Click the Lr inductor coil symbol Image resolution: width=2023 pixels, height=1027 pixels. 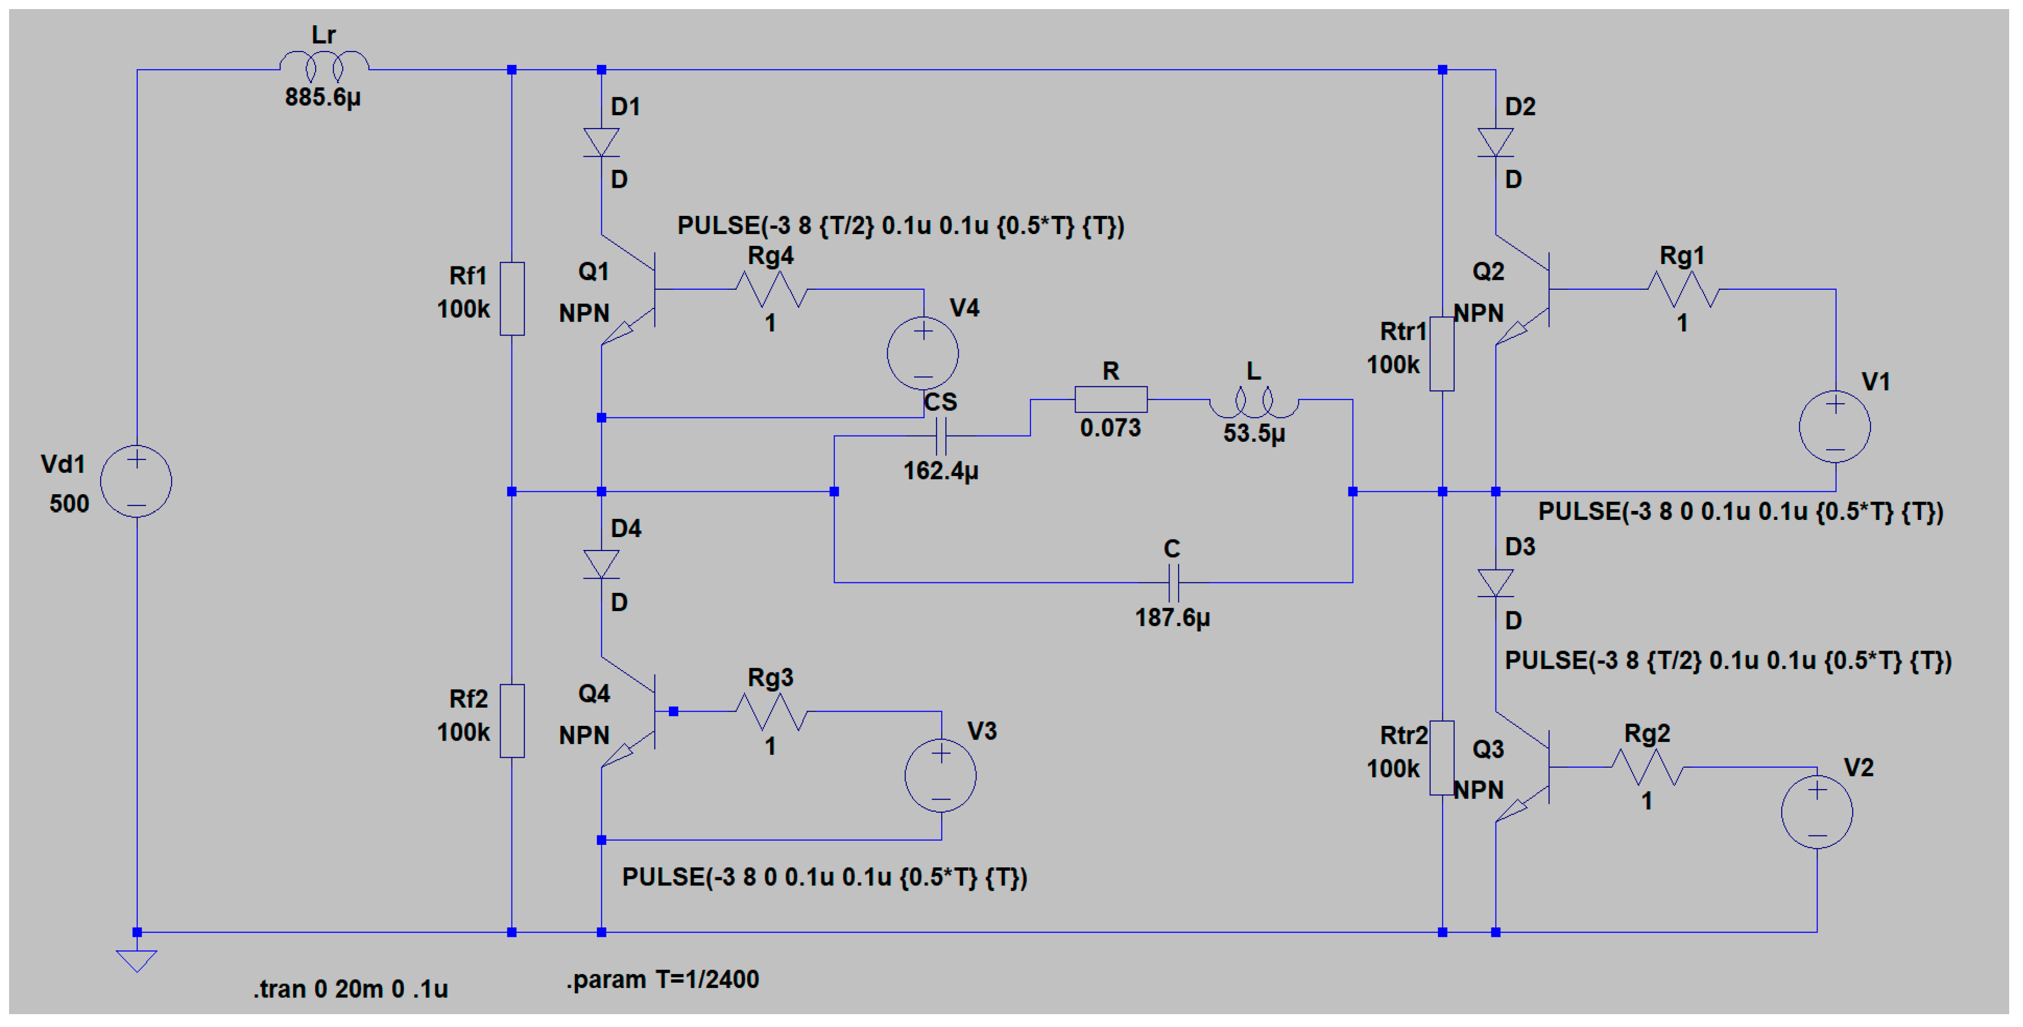click(324, 65)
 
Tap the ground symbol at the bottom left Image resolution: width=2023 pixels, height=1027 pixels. click(137, 959)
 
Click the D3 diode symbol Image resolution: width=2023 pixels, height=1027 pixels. click(1495, 582)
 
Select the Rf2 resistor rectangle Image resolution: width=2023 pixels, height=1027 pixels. click(512, 721)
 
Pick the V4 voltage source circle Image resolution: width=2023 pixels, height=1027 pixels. click(923, 353)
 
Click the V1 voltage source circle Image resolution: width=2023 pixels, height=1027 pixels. click(1835, 427)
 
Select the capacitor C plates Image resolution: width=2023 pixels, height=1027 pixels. click(1172, 582)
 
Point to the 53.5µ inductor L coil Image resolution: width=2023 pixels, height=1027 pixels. click(1253, 402)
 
